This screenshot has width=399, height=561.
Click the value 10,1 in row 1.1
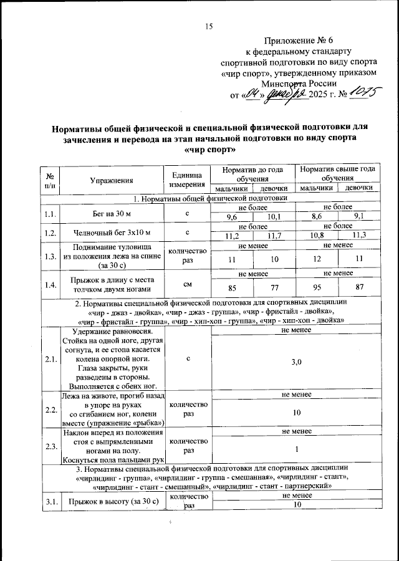coord(274,216)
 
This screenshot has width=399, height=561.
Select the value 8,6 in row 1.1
coord(317,216)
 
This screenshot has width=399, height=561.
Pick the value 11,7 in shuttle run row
coord(274,235)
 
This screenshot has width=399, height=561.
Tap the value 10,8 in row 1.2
coord(317,235)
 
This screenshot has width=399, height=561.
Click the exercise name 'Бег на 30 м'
coord(112,213)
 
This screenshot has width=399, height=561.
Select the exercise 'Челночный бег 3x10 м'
coord(112,232)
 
